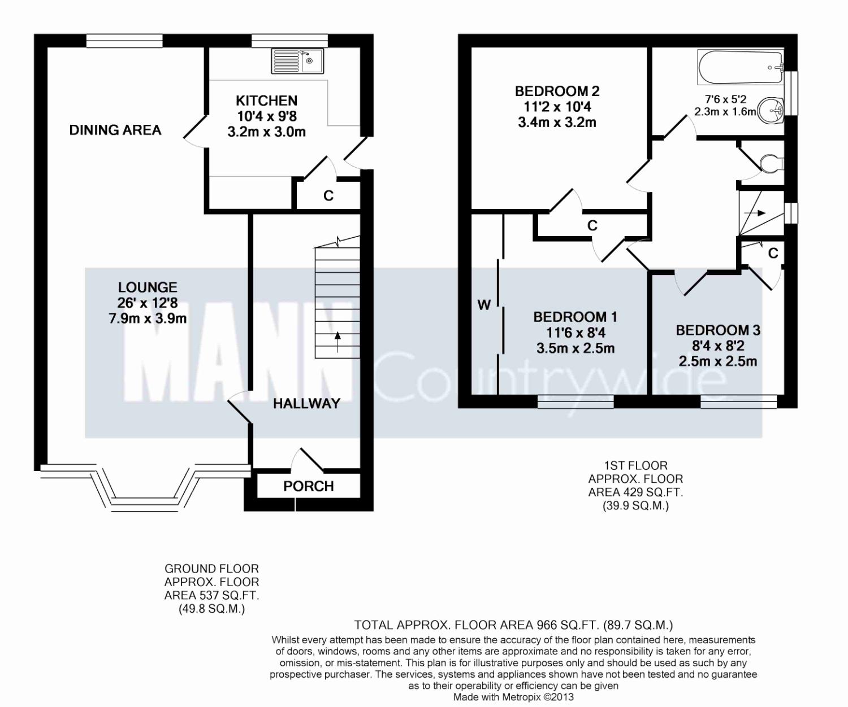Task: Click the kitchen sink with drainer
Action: pyautogui.click(x=298, y=61)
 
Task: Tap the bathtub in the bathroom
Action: pyautogui.click(x=740, y=67)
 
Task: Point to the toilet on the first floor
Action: pyautogui.click(x=772, y=164)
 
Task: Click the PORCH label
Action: pyautogui.click(x=308, y=486)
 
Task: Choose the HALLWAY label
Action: pyautogui.click(x=306, y=404)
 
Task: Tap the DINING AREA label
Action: pyautogui.click(x=115, y=130)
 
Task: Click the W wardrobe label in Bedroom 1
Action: pyautogui.click(x=484, y=304)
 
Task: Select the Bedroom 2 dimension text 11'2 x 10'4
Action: pyautogui.click(x=557, y=107)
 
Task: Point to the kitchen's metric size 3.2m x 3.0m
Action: pyautogui.click(x=266, y=132)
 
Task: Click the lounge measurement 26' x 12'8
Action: pyautogui.click(x=148, y=303)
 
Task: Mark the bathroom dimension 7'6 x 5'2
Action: pyautogui.click(x=725, y=99)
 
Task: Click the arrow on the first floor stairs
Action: pyautogui.click(x=755, y=212)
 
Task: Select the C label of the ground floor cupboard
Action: pyautogui.click(x=328, y=196)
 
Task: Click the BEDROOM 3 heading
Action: pyautogui.click(x=717, y=330)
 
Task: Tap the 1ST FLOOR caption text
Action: pyautogui.click(x=635, y=465)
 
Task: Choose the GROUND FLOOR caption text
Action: pyautogui.click(x=211, y=569)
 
